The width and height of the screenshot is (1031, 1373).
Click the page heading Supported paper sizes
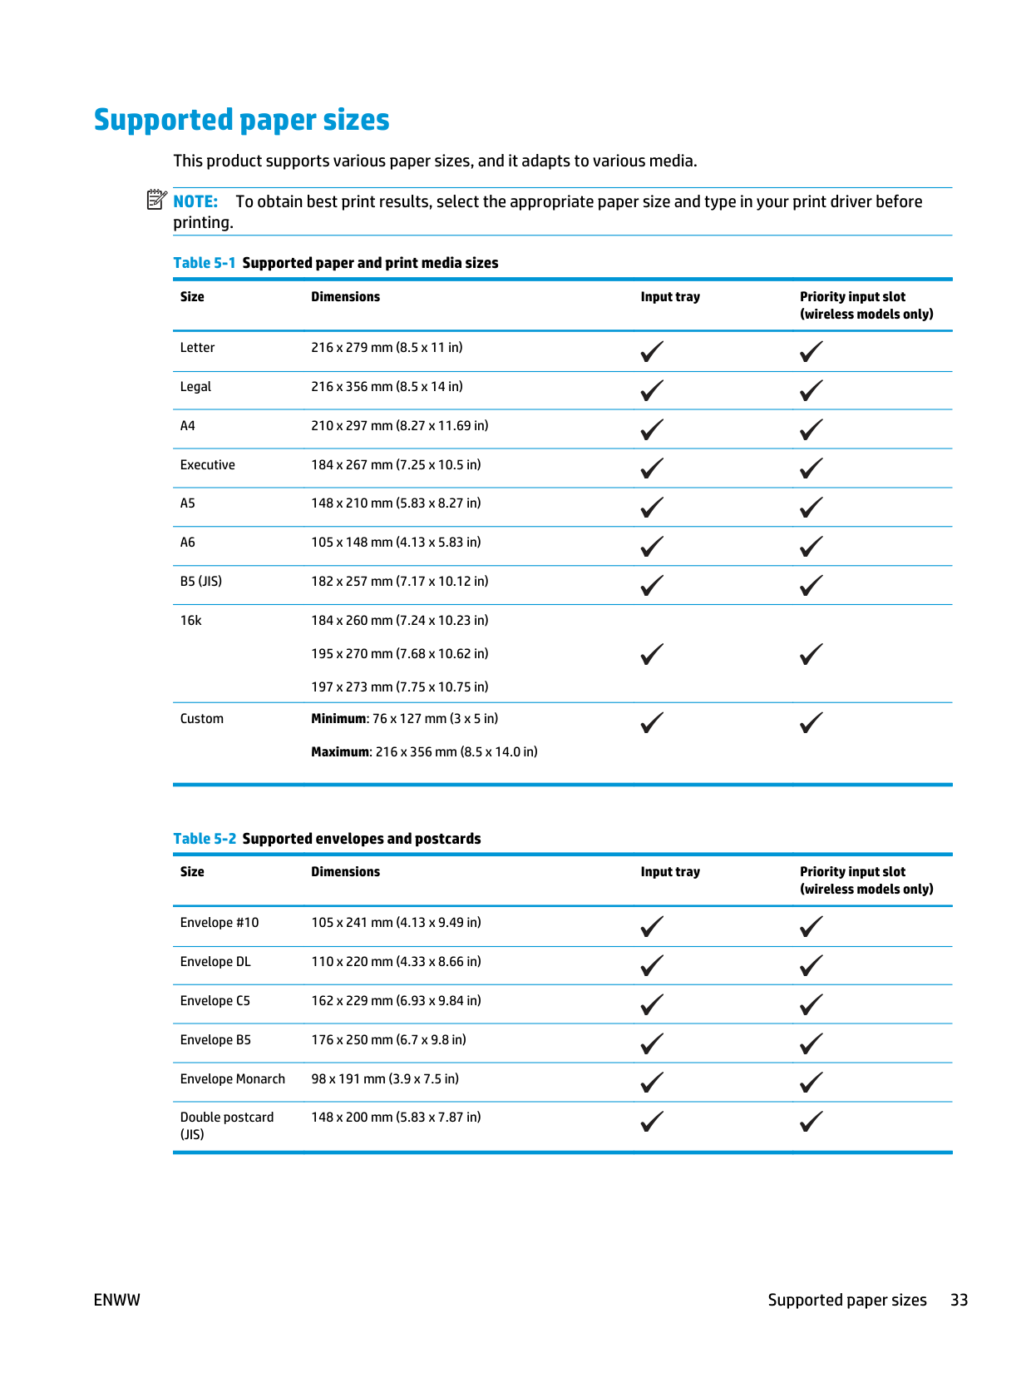click(x=241, y=120)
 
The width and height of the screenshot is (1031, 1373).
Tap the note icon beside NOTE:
click(x=156, y=200)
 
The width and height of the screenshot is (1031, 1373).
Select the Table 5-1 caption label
click(x=205, y=263)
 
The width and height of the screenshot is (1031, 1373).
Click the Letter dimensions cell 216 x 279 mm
click(x=387, y=348)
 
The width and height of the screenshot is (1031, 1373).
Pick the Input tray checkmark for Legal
click(x=652, y=390)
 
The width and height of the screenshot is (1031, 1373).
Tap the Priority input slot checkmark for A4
click(x=811, y=429)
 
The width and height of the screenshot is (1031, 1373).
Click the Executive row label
click(x=208, y=465)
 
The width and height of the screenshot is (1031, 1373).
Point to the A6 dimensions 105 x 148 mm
click(x=396, y=543)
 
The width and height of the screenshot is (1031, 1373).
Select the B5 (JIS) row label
click(x=201, y=582)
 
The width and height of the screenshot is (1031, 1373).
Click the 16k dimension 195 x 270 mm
click(x=400, y=654)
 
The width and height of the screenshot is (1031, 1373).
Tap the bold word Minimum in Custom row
click(x=338, y=719)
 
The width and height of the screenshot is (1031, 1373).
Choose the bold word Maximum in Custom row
click(x=340, y=752)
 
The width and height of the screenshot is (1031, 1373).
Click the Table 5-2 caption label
click(x=205, y=839)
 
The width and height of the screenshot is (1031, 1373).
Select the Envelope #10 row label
click(x=220, y=923)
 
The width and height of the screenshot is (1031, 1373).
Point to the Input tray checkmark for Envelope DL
click(x=652, y=965)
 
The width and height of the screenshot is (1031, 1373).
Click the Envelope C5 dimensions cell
click(x=396, y=1001)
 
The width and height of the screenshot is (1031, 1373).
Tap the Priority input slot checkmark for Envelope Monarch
click(x=811, y=1083)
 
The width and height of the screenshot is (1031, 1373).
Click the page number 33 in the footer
click(x=959, y=1301)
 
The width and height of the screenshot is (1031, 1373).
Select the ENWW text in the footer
click(x=117, y=1301)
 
